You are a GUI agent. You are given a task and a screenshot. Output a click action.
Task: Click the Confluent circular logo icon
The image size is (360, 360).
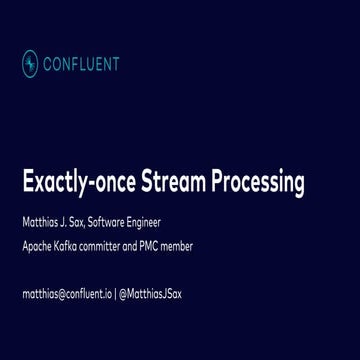[x=30, y=64]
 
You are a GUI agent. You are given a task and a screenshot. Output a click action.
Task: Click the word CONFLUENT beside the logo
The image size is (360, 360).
[x=83, y=64]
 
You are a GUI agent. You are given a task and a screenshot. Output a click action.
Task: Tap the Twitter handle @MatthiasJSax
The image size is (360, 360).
[x=150, y=294]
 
